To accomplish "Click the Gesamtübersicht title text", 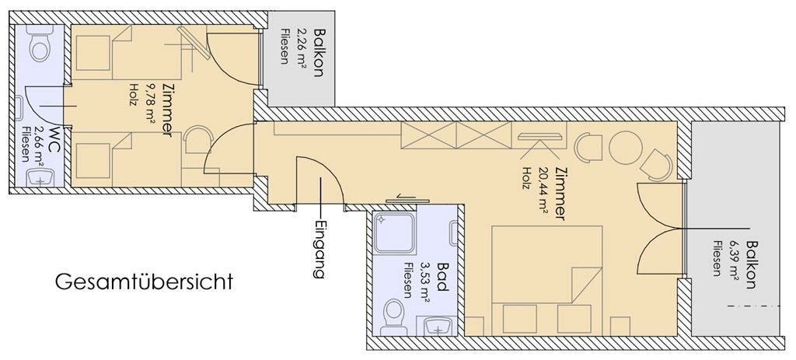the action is click(144, 281).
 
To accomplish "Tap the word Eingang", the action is click(318, 250).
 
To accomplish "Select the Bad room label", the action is click(442, 277).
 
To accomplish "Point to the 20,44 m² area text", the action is click(543, 191).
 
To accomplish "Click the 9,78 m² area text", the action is click(150, 103).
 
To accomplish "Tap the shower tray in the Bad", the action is click(394, 233).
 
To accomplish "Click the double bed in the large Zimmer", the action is click(546, 280).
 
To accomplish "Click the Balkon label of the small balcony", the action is click(318, 52).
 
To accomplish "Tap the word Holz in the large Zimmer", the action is click(527, 178).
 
